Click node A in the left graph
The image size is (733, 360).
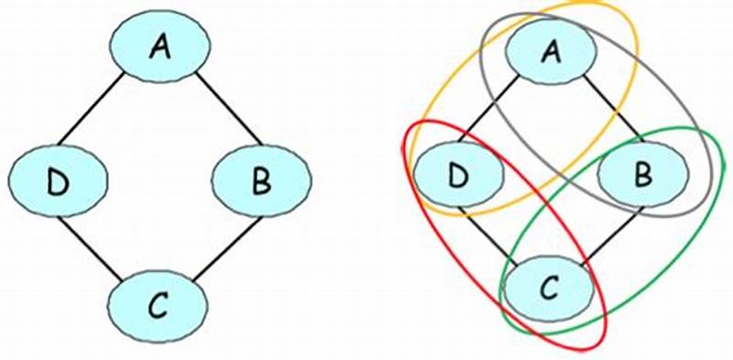160,46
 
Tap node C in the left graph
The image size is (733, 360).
158,305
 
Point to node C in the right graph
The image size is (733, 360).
548,287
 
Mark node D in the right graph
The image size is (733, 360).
459,171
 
